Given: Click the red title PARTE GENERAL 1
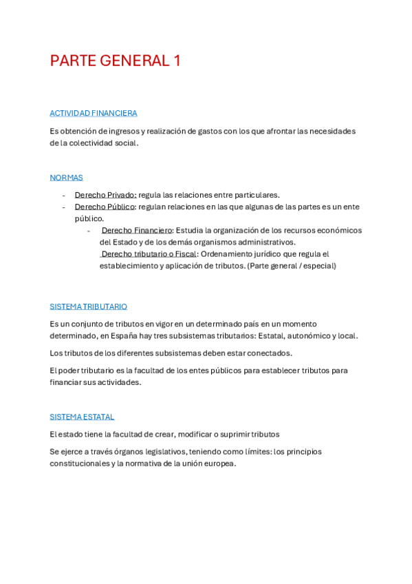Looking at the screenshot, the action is point(115,61).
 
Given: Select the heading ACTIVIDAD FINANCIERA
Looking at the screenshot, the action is point(94,113).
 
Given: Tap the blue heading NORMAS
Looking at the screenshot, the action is point(66,177).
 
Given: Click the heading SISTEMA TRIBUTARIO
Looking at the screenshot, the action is point(88,306).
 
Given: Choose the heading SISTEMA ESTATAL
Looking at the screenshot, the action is point(82,417).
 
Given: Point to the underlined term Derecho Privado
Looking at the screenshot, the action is point(105,195).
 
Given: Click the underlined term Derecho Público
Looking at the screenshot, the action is point(105,207).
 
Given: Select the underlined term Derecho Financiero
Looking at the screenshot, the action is point(137,230).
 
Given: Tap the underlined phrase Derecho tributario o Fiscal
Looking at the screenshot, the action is point(149,253).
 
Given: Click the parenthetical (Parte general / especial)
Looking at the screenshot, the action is point(292,266).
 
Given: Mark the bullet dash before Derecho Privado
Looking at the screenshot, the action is point(64,195).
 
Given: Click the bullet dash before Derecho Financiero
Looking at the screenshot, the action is point(89,230).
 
